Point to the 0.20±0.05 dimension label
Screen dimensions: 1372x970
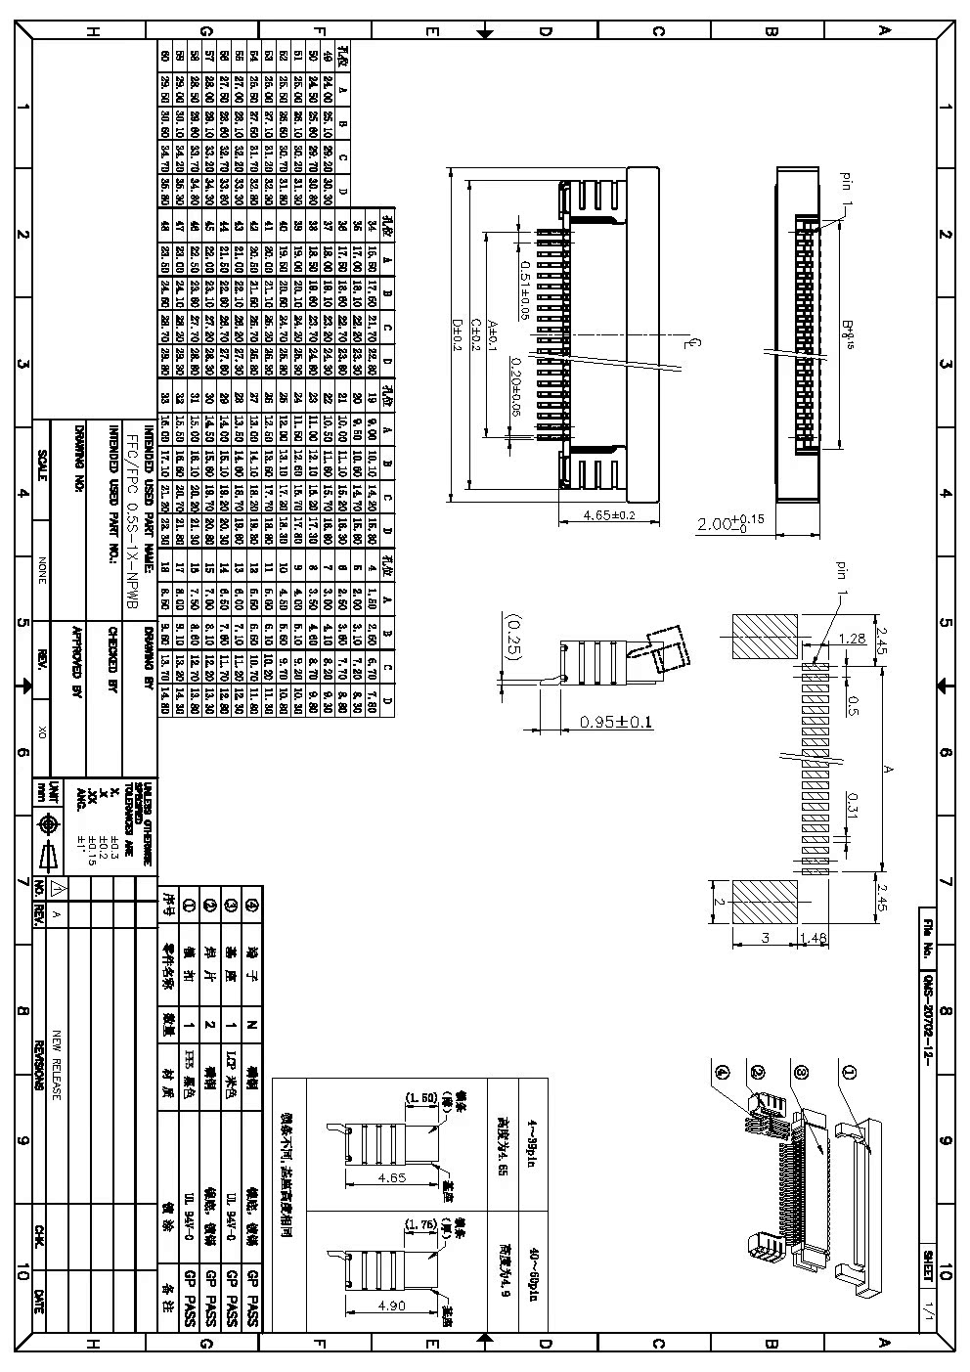pos(515,387)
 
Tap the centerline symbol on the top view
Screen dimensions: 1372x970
pos(690,343)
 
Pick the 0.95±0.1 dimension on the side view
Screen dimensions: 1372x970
pos(616,722)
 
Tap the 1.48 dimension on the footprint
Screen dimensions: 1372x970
pos(815,939)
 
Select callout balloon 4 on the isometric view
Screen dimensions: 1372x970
pos(724,1073)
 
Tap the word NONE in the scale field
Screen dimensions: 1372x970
pos(41,571)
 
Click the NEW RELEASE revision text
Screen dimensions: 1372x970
pos(57,1064)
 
